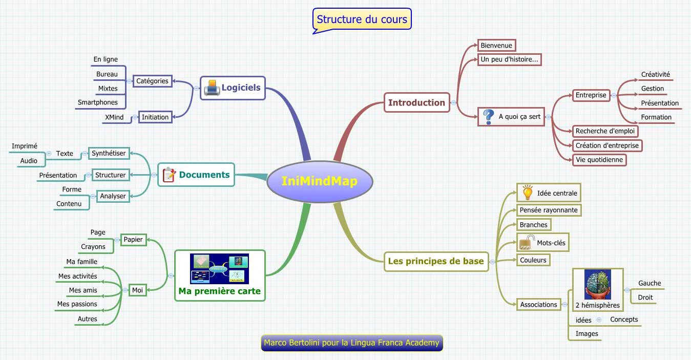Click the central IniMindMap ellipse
coord(319,182)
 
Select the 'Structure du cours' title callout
coord(362,19)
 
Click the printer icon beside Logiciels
coord(212,88)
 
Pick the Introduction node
coord(416,102)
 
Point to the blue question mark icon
coord(489,116)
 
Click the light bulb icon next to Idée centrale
coord(527,193)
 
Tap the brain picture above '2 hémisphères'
coord(597,284)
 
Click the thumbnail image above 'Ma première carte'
coord(219,269)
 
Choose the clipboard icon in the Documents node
coord(169,175)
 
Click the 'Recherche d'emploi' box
coord(605,131)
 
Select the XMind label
coord(114,117)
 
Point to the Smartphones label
coord(98,102)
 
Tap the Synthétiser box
coord(109,153)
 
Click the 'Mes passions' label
coord(77,304)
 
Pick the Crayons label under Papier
coord(93,247)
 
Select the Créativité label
coord(655,75)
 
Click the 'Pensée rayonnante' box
coord(549,210)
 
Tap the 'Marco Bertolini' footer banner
coord(351,343)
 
